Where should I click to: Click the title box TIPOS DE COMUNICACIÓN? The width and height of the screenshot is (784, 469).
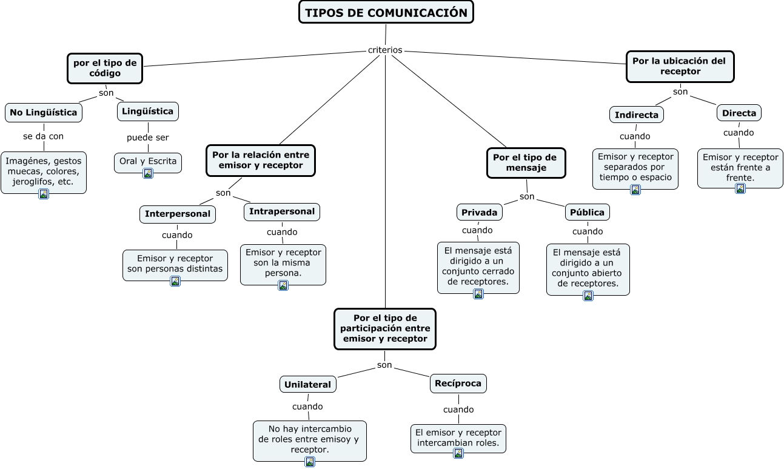pyautogui.click(x=386, y=13)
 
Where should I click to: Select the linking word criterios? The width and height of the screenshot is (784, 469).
pyautogui.click(x=385, y=50)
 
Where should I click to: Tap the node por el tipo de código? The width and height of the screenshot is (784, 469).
pyautogui.click(x=105, y=68)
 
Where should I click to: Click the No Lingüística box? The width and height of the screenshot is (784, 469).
pyautogui.click(x=44, y=113)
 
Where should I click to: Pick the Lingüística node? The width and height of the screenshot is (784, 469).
pyautogui.click(x=147, y=111)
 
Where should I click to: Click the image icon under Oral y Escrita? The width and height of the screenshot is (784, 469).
pyautogui.click(x=147, y=173)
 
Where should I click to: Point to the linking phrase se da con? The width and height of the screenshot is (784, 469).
pyautogui.click(x=43, y=136)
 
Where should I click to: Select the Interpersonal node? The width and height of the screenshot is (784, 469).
pyautogui.click(x=178, y=214)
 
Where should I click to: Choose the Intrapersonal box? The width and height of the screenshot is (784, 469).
pyautogui.click(x=282, y=211)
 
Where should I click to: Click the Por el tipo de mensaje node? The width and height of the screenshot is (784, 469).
pyautogui.click(x=526, y=162)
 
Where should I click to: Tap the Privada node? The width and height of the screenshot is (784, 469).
pyautogui.click(x=479, y=212)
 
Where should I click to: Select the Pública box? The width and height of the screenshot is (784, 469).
pyautogui.click(x=587, y=212)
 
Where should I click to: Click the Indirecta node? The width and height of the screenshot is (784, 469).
pyautogui.click(x=636, y=115)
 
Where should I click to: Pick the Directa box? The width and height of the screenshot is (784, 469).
pyautogui.click(x=739, y=113)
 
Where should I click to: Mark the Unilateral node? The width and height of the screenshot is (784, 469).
pyautogui.click(x=308, y=384)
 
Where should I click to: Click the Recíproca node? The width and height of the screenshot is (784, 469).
pyautogui.click(x=458, y=384)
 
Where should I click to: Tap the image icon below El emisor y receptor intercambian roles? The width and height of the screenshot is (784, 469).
pyautogui.click(x=458, y=453)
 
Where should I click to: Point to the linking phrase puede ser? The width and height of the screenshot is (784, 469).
pyautogui.click(x=147, y=138)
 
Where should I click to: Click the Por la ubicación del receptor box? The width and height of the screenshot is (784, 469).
pyautogui.click(x=680, y=66)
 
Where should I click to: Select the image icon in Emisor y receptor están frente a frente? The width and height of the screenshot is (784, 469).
pyautogui.click(x=740, y=188)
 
